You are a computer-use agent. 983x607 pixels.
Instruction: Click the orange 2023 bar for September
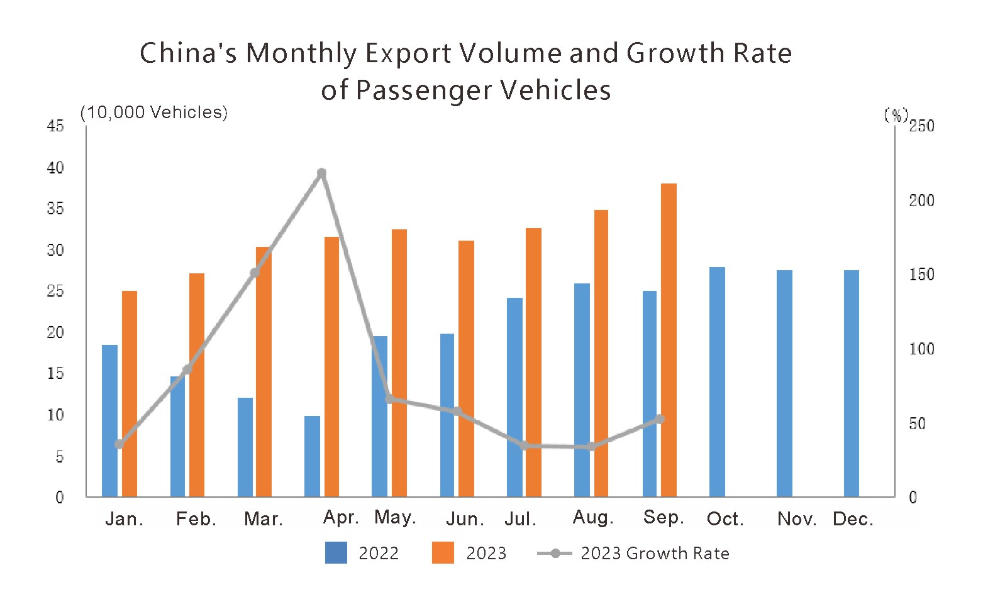point(669,340)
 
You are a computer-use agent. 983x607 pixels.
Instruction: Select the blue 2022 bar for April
point(312,456)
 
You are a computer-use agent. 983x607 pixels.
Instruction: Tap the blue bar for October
point(717,382)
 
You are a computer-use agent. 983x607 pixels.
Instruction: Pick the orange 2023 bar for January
point(130,394)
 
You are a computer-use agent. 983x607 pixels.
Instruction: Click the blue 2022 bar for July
point(514,397)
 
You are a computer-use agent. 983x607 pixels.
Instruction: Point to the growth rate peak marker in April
point(321,173)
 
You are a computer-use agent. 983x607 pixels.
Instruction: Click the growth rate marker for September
point(659,419)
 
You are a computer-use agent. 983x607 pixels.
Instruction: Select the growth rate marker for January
point(119,444)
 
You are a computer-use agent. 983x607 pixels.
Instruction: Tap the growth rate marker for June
point(457,412)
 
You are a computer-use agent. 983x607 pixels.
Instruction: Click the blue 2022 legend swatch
point(336,553)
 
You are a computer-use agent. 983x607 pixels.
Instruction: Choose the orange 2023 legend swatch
point(443,553)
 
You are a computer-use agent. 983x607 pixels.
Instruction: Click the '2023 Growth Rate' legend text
point(655,554)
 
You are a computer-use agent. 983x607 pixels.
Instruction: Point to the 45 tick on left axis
point(56,126)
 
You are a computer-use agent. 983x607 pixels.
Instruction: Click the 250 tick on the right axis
point(921,126)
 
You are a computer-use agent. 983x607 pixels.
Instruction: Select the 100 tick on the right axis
point(921,349)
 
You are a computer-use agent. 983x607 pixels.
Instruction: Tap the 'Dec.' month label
point(853,519)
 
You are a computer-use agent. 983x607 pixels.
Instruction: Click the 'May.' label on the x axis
point(395,518)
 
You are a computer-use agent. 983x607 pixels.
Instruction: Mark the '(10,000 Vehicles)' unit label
point(154,112)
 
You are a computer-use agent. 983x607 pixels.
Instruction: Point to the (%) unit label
point(896,115)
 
